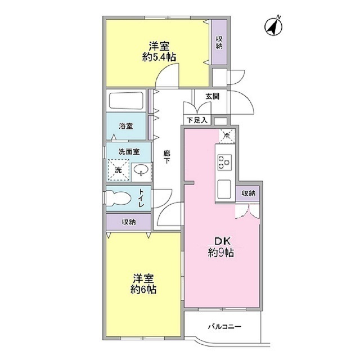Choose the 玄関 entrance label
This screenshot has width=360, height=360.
[212, 96]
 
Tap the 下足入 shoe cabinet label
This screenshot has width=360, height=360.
[197, 120]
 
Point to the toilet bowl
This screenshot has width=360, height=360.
[120, 199]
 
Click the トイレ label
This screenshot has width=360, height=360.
[142, 199]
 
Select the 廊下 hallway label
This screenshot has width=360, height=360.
[167, 156]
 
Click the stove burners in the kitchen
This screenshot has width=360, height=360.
[224, 161]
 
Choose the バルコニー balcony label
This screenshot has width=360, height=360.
[223, 326]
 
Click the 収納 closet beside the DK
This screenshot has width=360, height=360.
[248, 193]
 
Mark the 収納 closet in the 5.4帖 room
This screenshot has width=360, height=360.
[219, 42]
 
